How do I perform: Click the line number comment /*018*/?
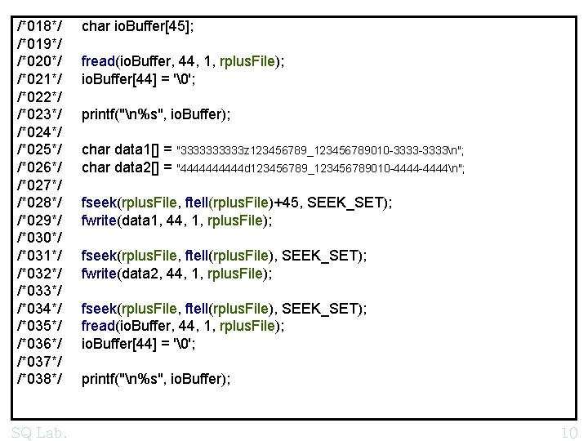click(39, 26)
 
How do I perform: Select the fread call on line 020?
click(183, 61)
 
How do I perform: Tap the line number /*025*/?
click(39, 149)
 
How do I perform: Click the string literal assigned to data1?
click(320, 151)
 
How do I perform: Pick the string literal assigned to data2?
click(320, 168)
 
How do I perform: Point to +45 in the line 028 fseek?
click(286, 203)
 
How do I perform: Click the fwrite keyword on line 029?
click(99, 220)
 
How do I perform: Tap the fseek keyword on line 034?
click(99, 309)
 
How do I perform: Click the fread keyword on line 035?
click(98, 326)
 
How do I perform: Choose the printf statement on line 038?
click(156, 379)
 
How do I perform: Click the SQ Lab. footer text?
click(39, 433)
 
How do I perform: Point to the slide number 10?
click(569, 433)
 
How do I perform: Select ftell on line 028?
click(197, 203)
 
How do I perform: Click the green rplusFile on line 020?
click(247, 61)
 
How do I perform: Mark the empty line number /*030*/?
click(39, 238)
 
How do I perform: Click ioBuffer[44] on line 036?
click(119, 344)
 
